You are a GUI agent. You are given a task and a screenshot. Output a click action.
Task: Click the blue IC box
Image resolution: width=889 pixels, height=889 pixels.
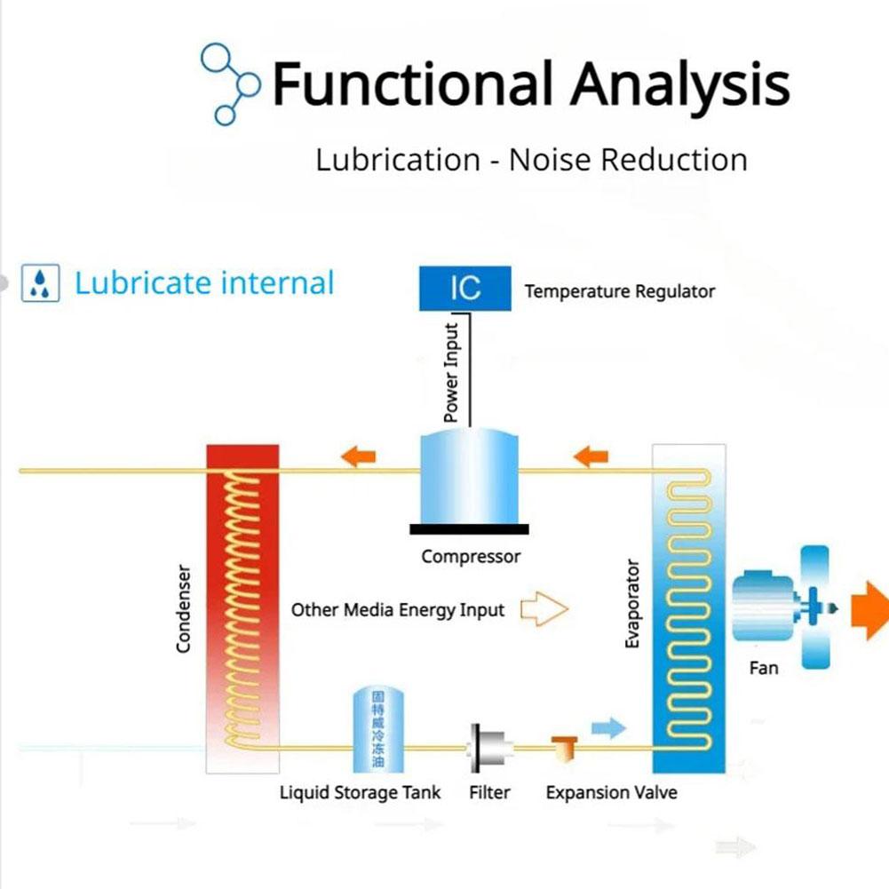coord(465,289)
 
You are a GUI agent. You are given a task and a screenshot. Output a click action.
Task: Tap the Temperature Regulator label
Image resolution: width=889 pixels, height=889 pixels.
coord(619,291)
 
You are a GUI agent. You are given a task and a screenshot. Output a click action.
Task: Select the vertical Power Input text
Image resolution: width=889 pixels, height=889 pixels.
coord(452,373)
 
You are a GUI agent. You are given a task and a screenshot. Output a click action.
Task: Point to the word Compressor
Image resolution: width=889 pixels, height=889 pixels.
coord(471,557)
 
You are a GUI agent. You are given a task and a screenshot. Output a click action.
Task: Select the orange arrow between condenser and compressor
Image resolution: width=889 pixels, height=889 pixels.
coord(357,457)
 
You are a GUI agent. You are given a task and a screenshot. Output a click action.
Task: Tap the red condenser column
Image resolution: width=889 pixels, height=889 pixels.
coord(242,604)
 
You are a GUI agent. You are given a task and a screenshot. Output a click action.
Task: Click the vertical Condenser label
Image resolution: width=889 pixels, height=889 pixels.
coord(184,608)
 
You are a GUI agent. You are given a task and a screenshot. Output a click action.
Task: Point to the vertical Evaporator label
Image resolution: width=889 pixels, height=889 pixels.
coord(632,603)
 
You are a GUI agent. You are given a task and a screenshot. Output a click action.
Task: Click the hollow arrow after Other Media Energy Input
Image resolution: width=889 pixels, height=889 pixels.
coord(543,609)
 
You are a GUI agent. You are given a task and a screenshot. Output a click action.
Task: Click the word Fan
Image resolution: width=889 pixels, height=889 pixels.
coord(764,667)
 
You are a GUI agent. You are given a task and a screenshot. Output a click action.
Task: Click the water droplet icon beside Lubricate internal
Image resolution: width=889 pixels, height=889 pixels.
coord(40,284)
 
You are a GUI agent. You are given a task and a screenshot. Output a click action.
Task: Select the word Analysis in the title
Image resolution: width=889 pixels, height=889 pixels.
coord(679,84)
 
